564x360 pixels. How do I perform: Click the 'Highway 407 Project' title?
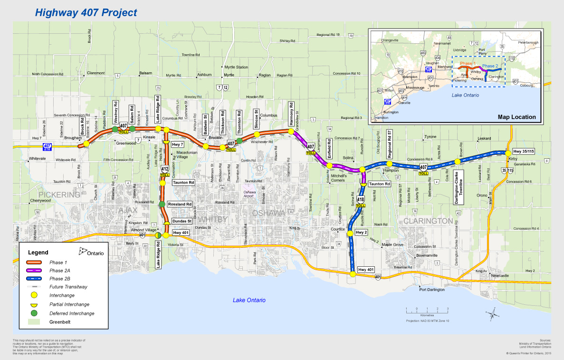point(86,12)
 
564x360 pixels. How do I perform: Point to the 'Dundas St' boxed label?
point(182,221)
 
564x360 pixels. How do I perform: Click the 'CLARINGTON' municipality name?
point(428,221)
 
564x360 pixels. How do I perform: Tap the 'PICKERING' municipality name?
point(59,195)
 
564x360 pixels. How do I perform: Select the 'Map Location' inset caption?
point(516,117)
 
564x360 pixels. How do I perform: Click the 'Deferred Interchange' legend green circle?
point(33,313)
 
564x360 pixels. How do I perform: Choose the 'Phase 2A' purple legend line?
point(33,270)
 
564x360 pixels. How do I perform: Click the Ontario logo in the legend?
point(91,252)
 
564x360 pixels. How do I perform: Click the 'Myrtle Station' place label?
point(236,67)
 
